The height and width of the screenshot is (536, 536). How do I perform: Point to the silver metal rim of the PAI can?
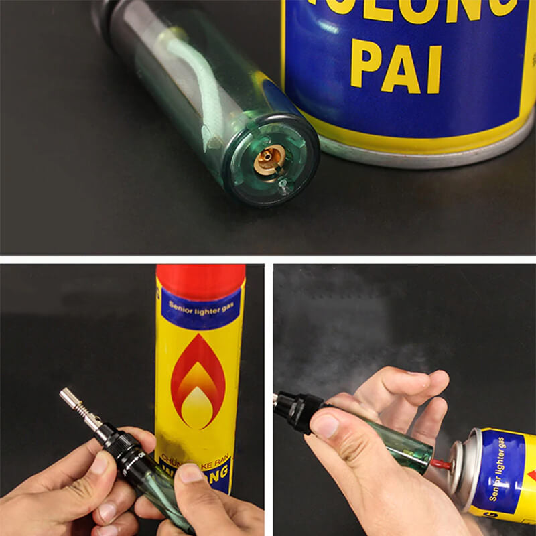[429, 151]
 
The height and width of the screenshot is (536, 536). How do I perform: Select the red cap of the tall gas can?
[200, 279]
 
